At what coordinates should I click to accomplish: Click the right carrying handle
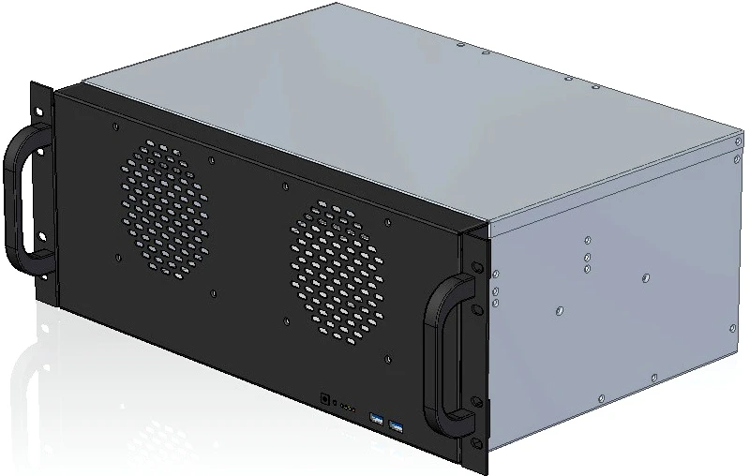441,356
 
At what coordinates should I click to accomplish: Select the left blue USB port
377,419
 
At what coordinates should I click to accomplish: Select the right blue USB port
395,426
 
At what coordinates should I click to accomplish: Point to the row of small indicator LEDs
347,408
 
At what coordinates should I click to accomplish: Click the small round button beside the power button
335,404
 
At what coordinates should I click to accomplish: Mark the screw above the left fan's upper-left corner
113,126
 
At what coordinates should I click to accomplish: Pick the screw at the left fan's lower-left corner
117,256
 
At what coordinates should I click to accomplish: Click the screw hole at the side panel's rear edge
731,327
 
